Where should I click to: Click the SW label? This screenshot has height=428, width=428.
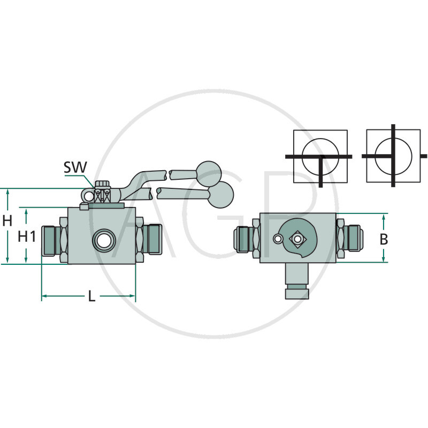point(75,167)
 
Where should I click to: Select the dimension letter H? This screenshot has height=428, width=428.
point(7,219)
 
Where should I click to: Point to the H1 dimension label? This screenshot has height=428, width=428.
point(27,236)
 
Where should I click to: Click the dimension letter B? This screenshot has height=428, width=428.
point(384,239)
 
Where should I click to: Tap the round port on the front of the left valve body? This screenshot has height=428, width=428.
point(102,240)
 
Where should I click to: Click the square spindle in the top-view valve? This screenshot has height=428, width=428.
point(297,239)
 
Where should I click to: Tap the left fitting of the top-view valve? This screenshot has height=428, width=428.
point(247,239)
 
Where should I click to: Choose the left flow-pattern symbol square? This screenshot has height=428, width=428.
point(320,156)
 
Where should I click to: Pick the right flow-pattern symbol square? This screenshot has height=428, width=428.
point(393,156)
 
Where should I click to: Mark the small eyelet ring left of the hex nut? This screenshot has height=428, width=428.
point(89,197)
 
